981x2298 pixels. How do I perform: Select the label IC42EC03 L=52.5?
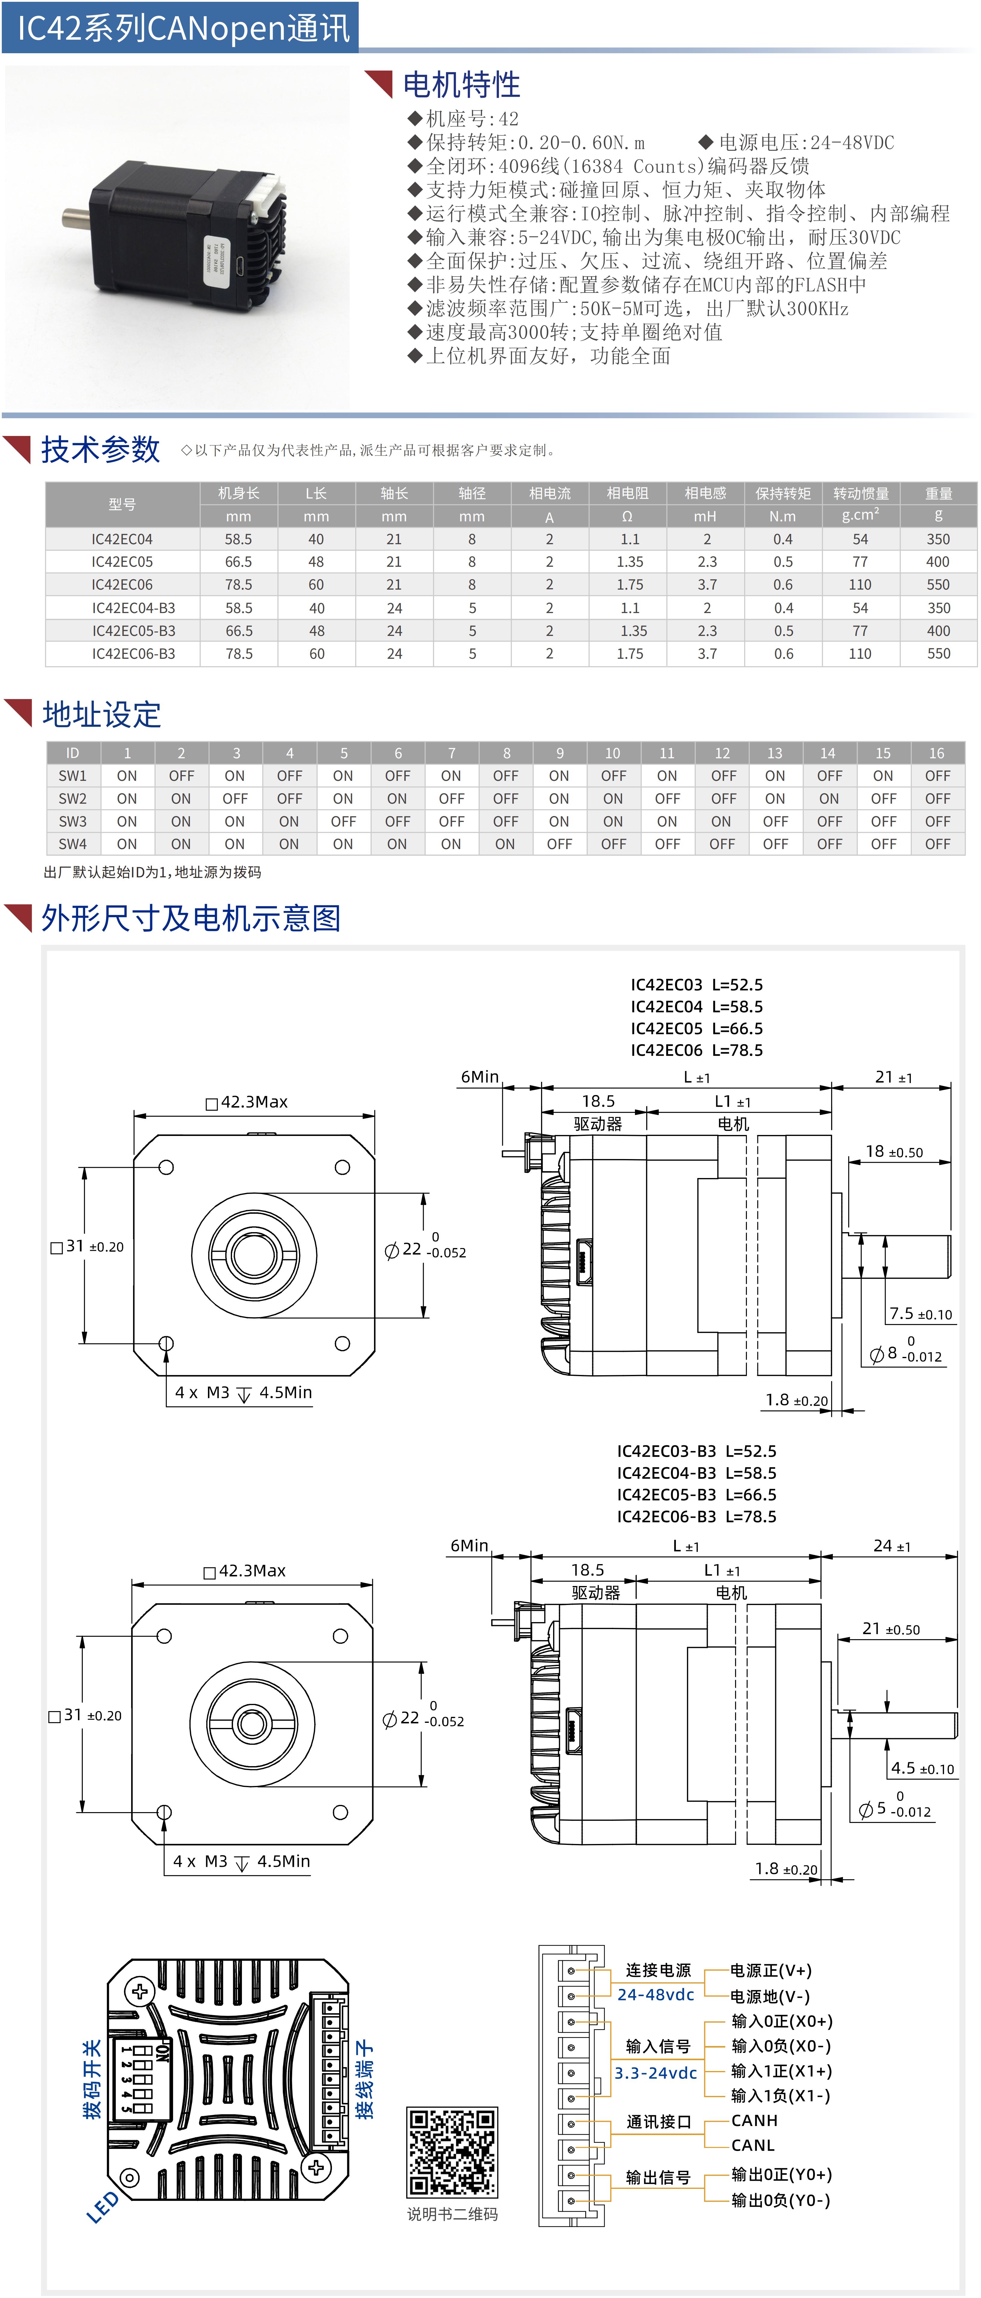[x=696, y=985]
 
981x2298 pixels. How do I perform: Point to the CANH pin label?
[x=754, y=2121]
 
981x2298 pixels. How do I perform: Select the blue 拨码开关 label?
[x=91, y=2079]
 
